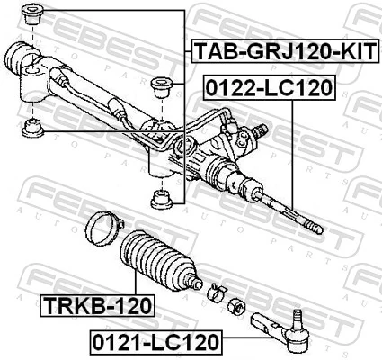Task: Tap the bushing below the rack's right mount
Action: click(163, 196)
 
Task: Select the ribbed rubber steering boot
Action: click(159, 263)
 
